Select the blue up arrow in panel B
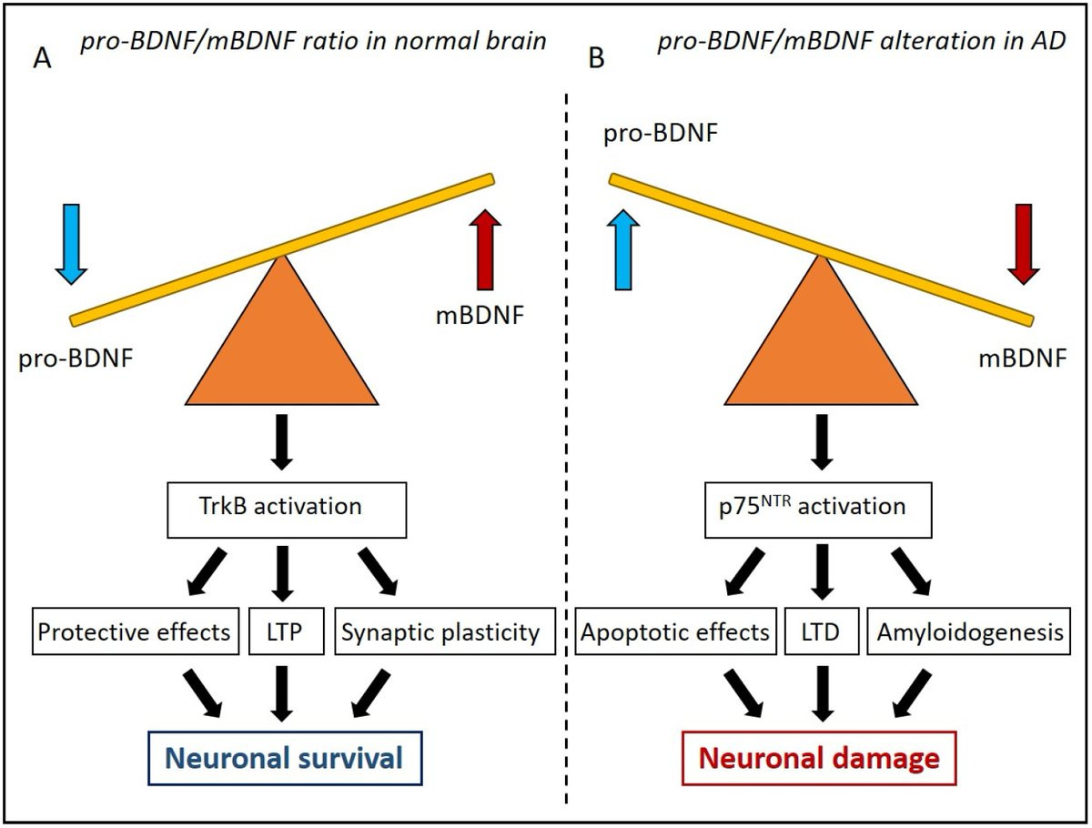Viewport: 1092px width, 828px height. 623,249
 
